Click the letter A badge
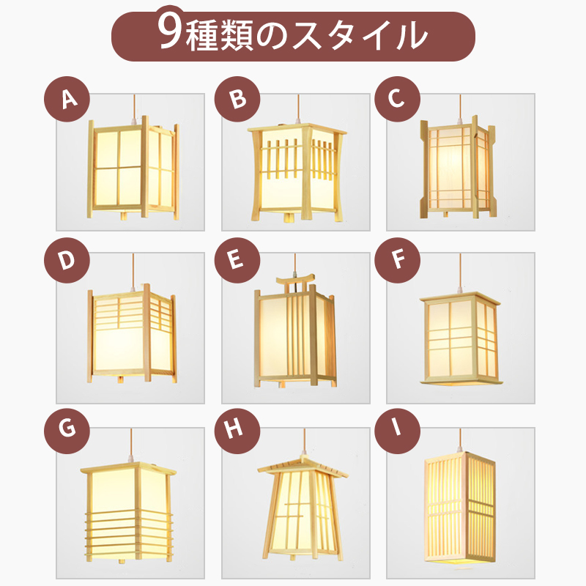click(x=67, y=99)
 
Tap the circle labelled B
click(x=237, y=99)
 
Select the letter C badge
click(x=397, y=99)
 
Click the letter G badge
click(x=67, y=429)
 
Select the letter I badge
click(x=397, y=429)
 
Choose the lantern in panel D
click(x=132, y=334)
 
